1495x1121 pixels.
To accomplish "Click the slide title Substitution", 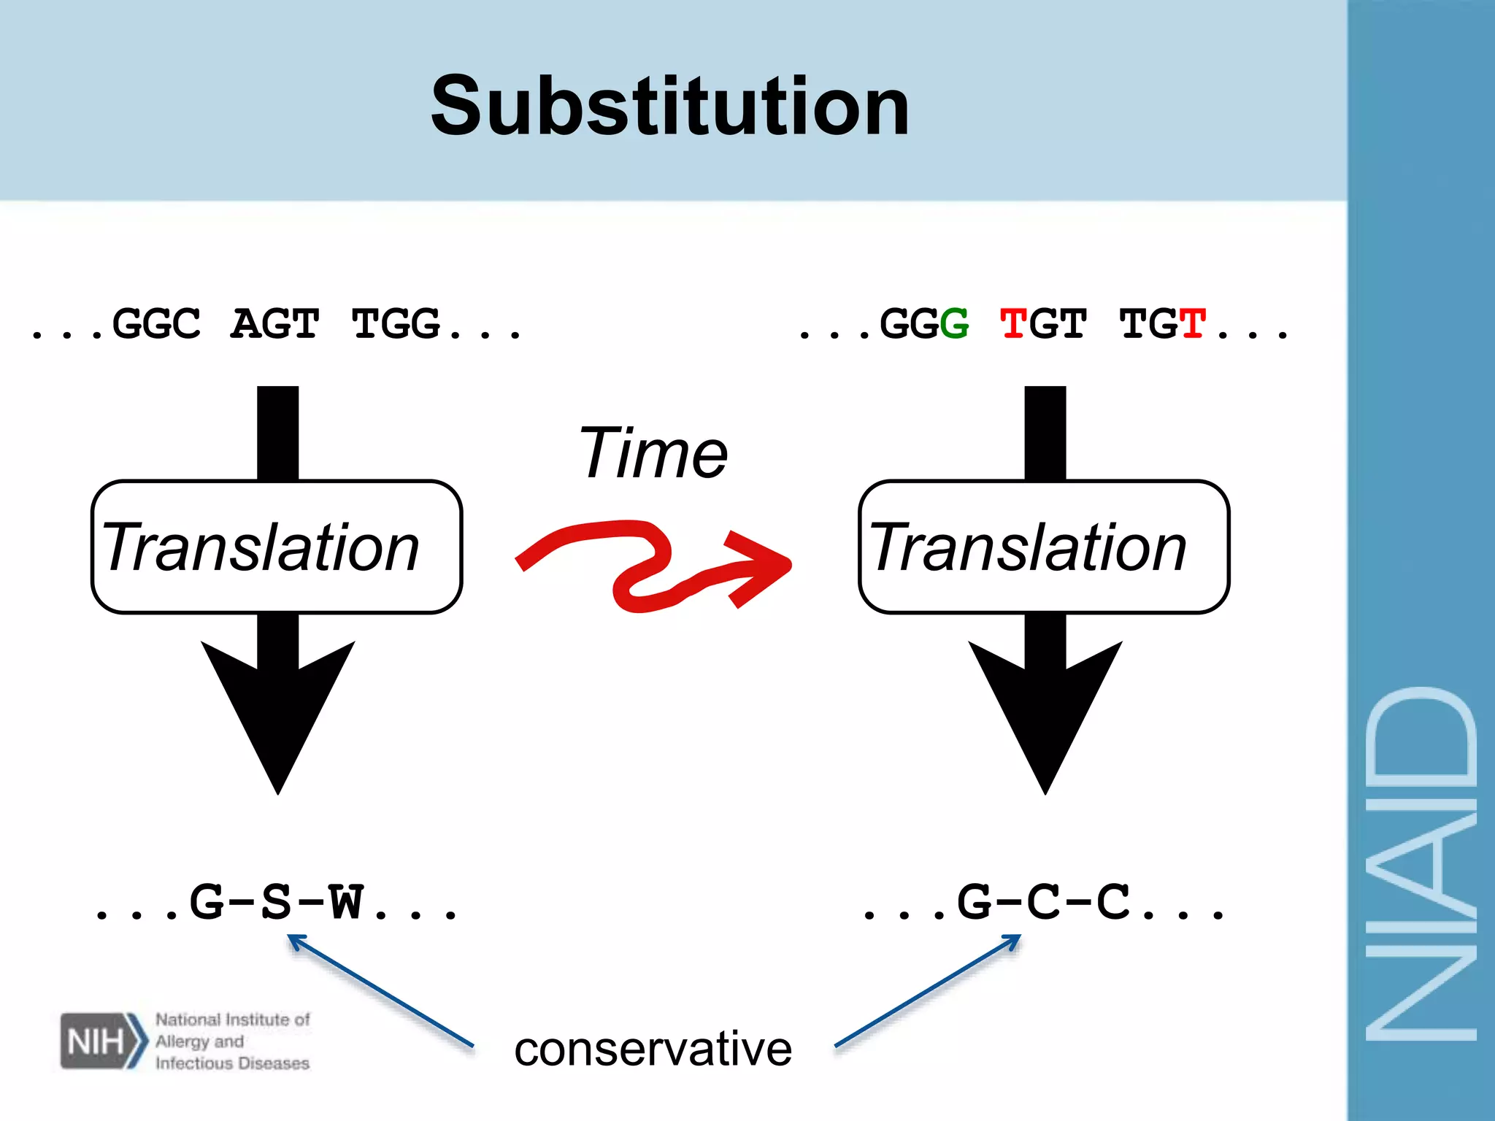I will tap(670, 107).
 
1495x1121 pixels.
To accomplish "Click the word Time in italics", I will tap(653, 454).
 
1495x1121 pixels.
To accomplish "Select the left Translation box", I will tap(276, 547).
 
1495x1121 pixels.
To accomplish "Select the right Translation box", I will tap(1044, 547).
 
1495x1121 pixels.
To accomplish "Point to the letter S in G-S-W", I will tap(277, 902).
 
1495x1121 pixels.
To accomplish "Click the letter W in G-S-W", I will tap(345, 902).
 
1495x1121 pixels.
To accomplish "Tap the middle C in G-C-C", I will tap(1044, 902).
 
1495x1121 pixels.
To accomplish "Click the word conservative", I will tap(653, 1049).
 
